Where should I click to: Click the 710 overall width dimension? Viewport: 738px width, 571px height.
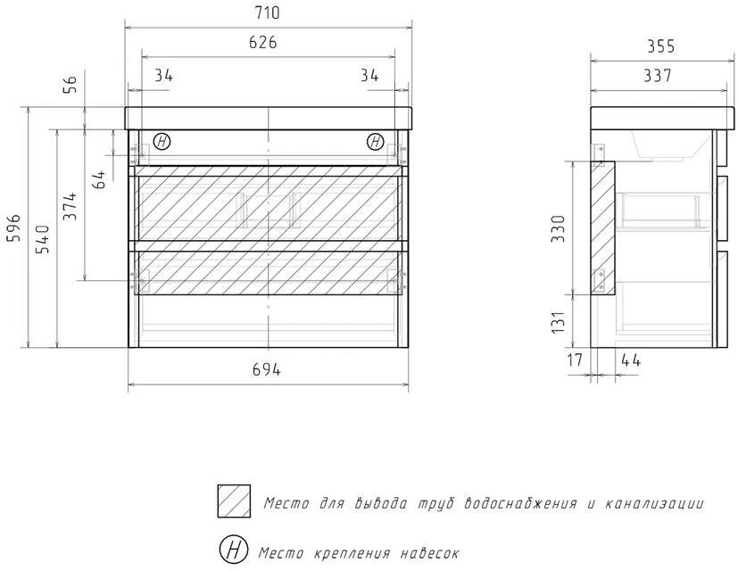(267, 13)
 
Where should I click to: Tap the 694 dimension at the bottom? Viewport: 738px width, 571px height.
(266, 370)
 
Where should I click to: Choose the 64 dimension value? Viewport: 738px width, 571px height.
(99, 178)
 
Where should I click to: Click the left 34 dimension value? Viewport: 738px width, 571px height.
(163, 75)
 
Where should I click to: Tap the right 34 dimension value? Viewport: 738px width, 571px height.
(369, 75)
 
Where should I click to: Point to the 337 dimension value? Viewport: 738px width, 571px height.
(656, 76)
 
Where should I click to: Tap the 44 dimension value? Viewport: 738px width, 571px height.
(631, 360)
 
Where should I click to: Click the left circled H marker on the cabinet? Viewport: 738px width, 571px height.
(162, 142)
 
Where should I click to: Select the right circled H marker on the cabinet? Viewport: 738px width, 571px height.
(375, 142)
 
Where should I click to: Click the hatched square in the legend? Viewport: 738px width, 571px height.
(233, 501)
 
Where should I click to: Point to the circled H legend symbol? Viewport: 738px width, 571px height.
(233, 550)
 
